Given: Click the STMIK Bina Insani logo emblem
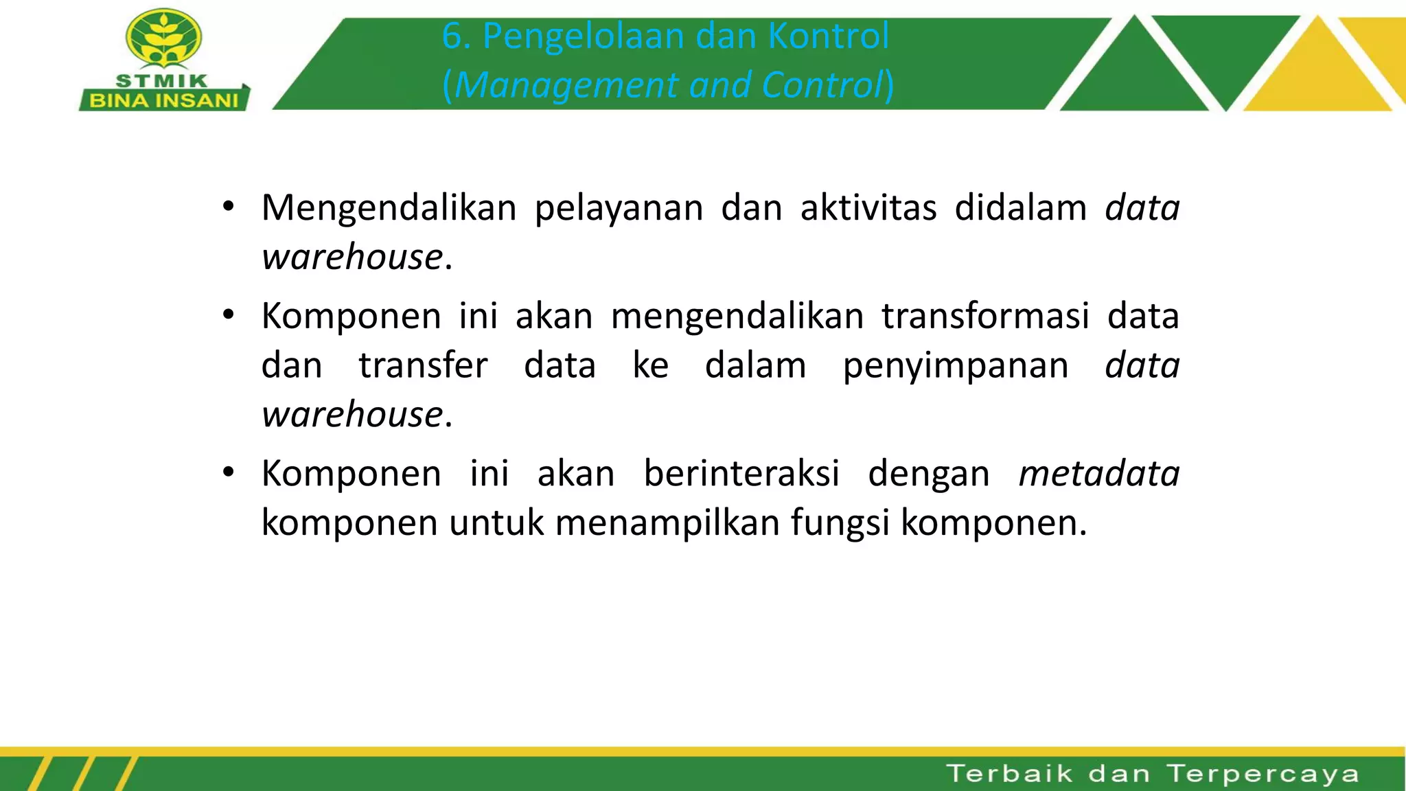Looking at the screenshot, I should tap(163, 40).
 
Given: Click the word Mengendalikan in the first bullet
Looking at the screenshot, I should tap(389, 208).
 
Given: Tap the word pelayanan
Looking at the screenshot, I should tap(619, 208).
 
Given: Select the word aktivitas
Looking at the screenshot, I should tap(868, 208).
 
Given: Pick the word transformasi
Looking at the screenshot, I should tap(985, 317).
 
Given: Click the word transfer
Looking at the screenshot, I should tap(423, 365).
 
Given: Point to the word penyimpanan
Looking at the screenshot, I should tap(955, 365).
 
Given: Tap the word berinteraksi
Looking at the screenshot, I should tap(741, 474).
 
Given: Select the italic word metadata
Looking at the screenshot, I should tap(1098, 474).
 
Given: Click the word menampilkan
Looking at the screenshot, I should tap(667, 523).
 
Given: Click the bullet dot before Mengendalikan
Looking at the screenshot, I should tap(229, 207).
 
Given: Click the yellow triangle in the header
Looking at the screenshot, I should tap(1317, 72).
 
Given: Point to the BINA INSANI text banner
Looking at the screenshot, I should tap(163, 100).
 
